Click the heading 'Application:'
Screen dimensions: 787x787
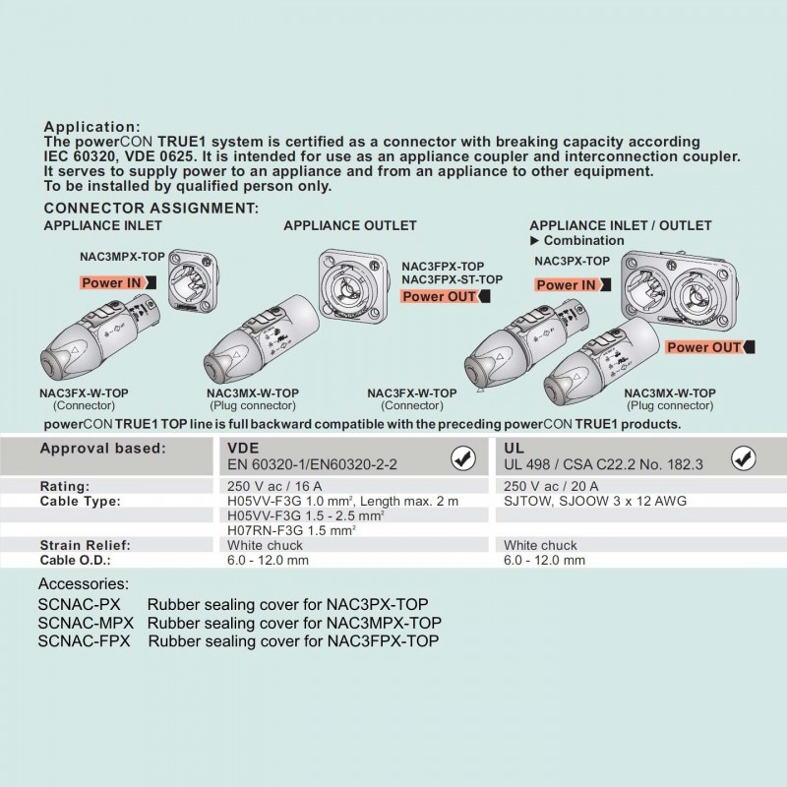93,127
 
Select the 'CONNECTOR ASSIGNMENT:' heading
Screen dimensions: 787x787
151,209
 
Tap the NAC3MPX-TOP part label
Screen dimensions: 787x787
122,256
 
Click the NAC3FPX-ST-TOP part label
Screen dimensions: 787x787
453,279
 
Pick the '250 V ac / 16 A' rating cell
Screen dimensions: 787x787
274,486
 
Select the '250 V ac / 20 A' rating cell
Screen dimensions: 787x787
551,486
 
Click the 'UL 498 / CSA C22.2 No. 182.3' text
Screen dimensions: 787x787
603,465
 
